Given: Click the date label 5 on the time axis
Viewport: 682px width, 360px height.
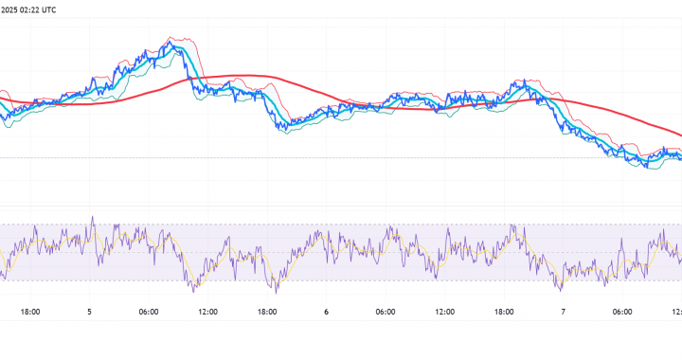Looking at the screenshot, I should (x=90, y=311).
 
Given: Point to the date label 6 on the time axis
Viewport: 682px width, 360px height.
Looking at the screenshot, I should (x=326, y=311).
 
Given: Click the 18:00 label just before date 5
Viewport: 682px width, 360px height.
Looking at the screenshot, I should (x=30, y=311).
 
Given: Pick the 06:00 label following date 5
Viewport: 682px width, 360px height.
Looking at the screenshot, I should (x=149, y=311).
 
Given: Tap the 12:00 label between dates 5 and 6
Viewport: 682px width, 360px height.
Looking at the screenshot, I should (x=207, y=311).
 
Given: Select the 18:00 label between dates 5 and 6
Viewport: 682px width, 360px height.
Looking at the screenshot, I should (x=267, y=311).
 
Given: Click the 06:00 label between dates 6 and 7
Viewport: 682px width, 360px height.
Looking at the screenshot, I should (x=385, y=311).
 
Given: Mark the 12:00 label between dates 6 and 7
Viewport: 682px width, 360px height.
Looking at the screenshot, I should (x=444, y=311).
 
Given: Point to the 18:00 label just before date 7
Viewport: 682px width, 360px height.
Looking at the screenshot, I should (x=503, y=311).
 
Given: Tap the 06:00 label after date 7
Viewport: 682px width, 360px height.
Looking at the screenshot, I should (x=621, y=311).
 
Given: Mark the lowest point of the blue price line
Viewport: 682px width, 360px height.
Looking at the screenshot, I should (x=648, y=168).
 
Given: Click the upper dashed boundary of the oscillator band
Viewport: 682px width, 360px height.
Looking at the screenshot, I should (x=341, y=225).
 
